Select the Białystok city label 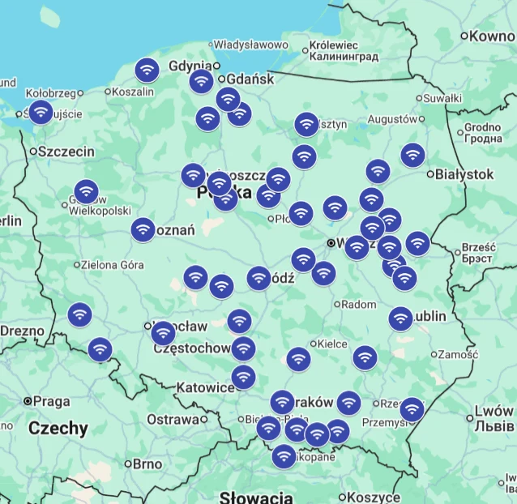464,173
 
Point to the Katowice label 205,387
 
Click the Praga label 52,401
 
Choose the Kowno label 493,36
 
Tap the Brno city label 147,464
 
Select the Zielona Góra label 113,264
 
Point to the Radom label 359,305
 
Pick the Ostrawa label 173,419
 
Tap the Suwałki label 442,98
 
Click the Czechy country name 58,429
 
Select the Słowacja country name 256,497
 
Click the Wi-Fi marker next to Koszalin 147,70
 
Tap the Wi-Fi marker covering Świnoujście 41,112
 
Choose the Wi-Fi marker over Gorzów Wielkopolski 86,192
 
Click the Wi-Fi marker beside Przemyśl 412,409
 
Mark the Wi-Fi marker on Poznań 143,230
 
